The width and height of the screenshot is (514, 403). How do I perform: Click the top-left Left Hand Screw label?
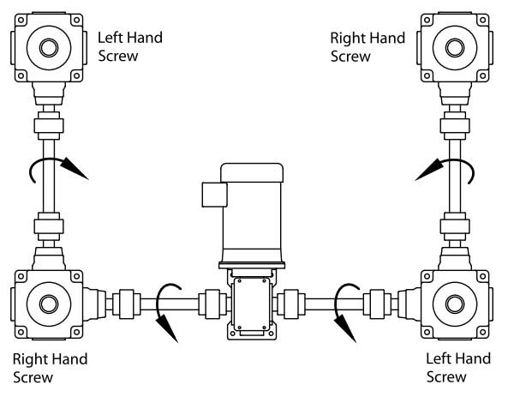pyautogui.click(x=128, y=46)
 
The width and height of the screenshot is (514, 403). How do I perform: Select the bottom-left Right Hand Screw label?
pyautogui.click(x=50, y=367)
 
